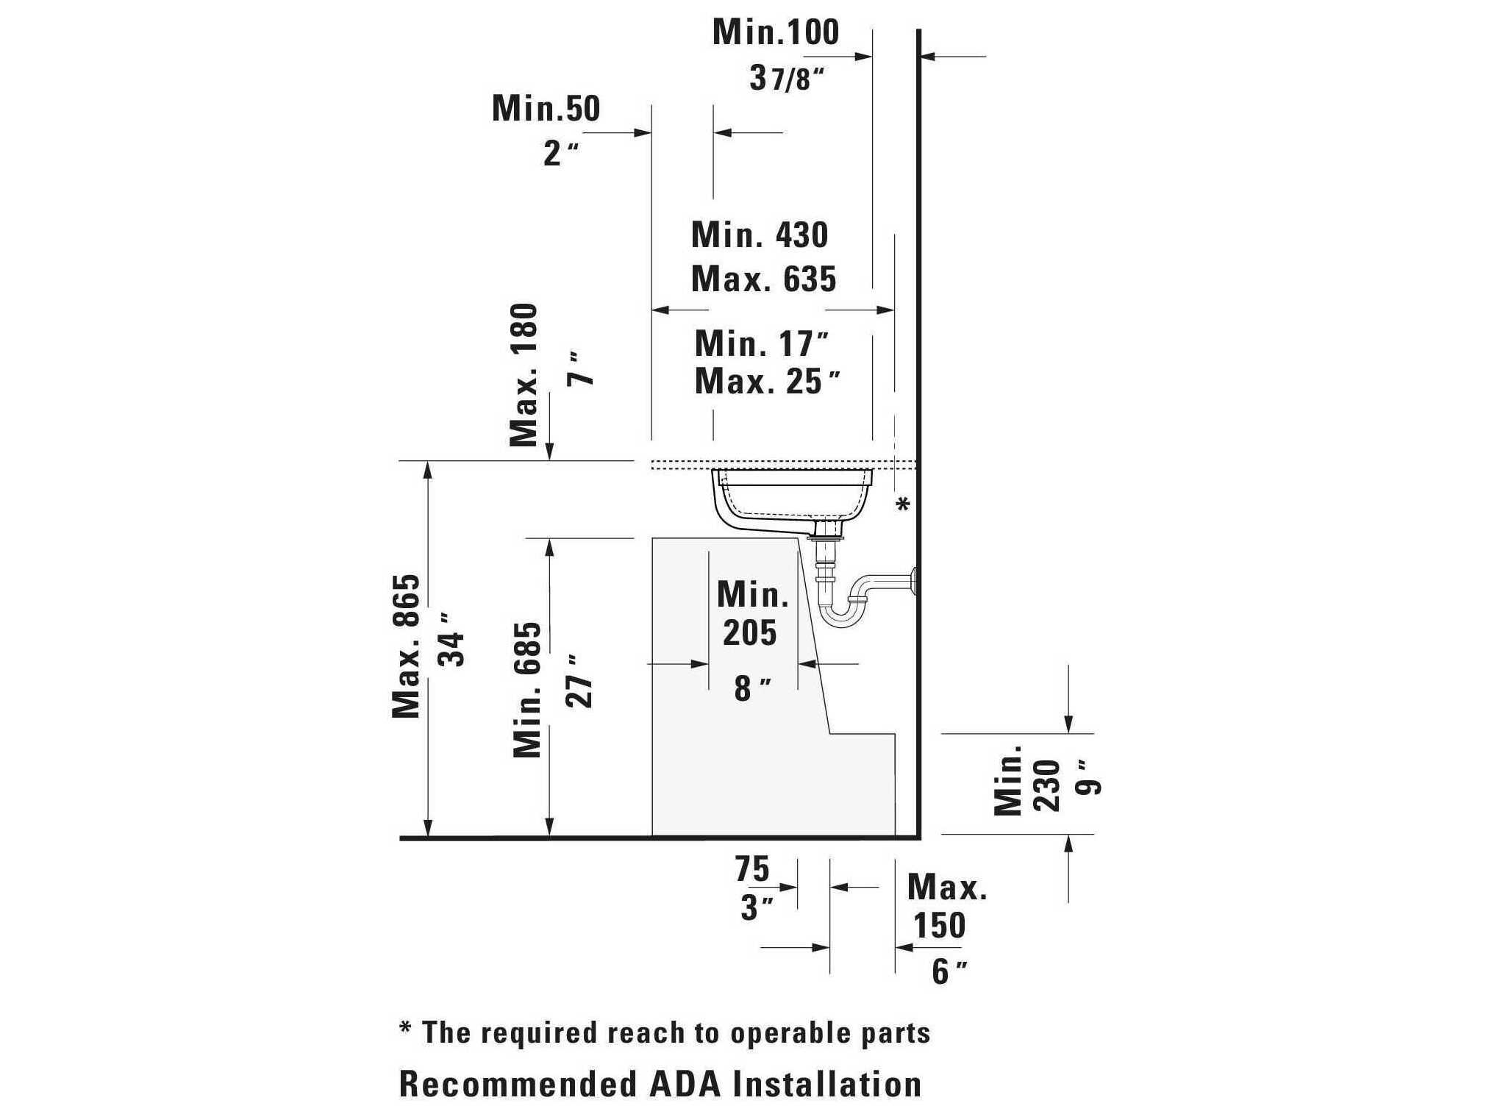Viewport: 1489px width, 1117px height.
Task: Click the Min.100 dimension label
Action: pyautogui.click(x=776, y=32)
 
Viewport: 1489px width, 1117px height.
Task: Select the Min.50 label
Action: pyautogui.click(x=546, y=108)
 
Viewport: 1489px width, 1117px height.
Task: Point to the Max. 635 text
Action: pyautogui.click(x=764, y=279)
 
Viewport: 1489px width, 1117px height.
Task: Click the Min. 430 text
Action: pyautogui.click(x=760, y=235)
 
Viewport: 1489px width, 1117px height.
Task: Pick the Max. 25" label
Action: pyautogui.click(x=767, y=381)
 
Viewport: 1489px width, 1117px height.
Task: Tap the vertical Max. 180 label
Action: pyautogui.click(x=524, y=375)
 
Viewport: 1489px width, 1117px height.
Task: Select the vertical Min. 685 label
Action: pyautogui.click(x=527, y=690)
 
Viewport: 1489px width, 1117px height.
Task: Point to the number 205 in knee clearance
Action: pyautogui.click(x=749, y=632)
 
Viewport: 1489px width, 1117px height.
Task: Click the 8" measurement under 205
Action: pyautogui.click(x=752, y=689)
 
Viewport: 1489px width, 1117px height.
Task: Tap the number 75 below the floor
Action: pyautogui.click(x=752, y=869)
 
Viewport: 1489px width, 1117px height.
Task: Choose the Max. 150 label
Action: pyautogui.click(x=946, y=906)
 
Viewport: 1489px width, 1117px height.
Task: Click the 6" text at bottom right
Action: pyautogui.click(x=949, y=971)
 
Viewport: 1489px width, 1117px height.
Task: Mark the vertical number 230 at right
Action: pyautogui.click(x=1047, y=785)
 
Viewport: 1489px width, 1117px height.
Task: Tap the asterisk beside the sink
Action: pyautogui.click(x=903, y=504)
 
